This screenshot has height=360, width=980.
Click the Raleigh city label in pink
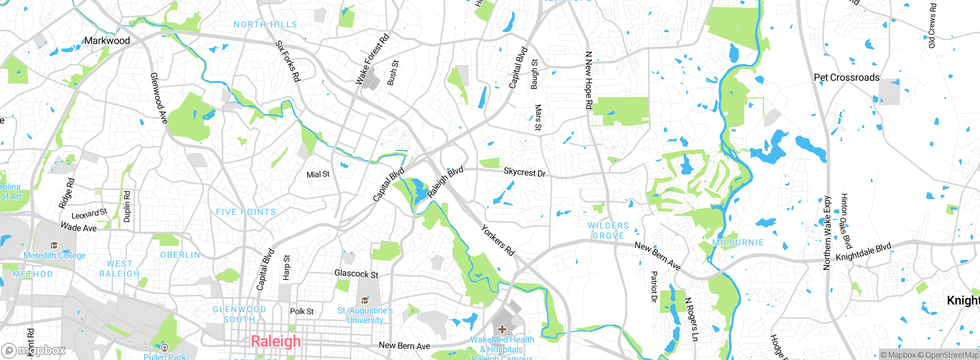276,341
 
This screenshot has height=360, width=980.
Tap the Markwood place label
107,41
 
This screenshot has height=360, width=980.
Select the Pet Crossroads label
846,77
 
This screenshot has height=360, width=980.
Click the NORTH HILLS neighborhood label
265,25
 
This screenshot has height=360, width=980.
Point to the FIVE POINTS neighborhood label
246,212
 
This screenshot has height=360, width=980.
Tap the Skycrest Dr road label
524,172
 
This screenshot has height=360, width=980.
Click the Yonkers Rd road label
497,241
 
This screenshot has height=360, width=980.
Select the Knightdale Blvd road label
863,252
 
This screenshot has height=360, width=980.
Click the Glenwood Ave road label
159,98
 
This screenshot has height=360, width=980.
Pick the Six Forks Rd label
288,61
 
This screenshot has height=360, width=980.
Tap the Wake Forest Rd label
372,59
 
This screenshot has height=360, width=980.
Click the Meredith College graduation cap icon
54,245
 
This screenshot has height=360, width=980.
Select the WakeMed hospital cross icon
502,329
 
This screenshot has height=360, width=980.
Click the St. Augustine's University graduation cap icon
365,300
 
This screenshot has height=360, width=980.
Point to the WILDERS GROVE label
608,231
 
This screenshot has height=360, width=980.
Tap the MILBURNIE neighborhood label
738,242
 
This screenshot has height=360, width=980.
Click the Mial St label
318,175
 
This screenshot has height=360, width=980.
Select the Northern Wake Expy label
827,232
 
